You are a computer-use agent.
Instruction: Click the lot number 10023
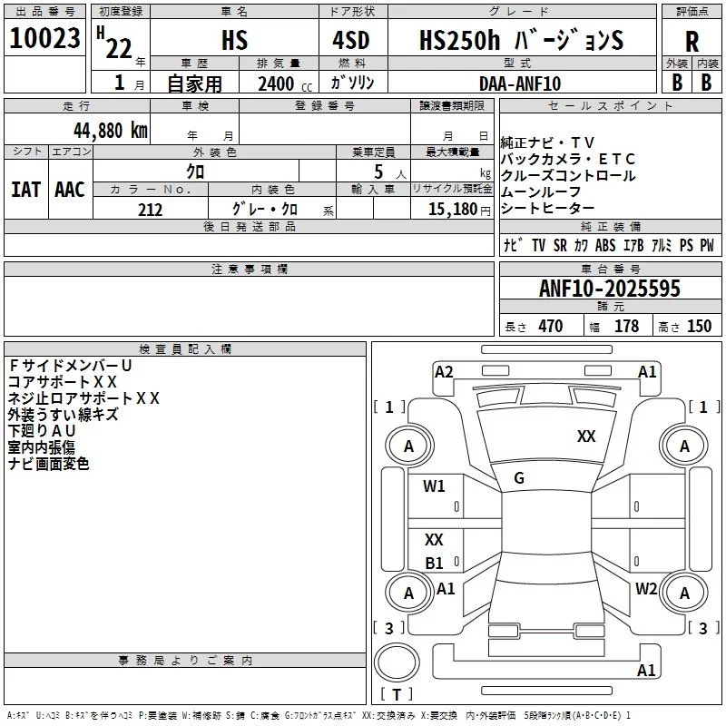44,38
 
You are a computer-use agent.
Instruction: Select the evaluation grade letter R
692,42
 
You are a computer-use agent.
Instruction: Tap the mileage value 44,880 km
111,131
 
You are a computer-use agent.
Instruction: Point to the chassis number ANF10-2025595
610,289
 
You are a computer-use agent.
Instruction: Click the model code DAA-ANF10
520,83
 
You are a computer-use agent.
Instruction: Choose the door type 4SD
351,40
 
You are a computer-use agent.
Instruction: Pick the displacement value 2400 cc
285,84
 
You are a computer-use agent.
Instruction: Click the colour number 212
151,210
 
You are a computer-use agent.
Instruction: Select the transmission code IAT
26,190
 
